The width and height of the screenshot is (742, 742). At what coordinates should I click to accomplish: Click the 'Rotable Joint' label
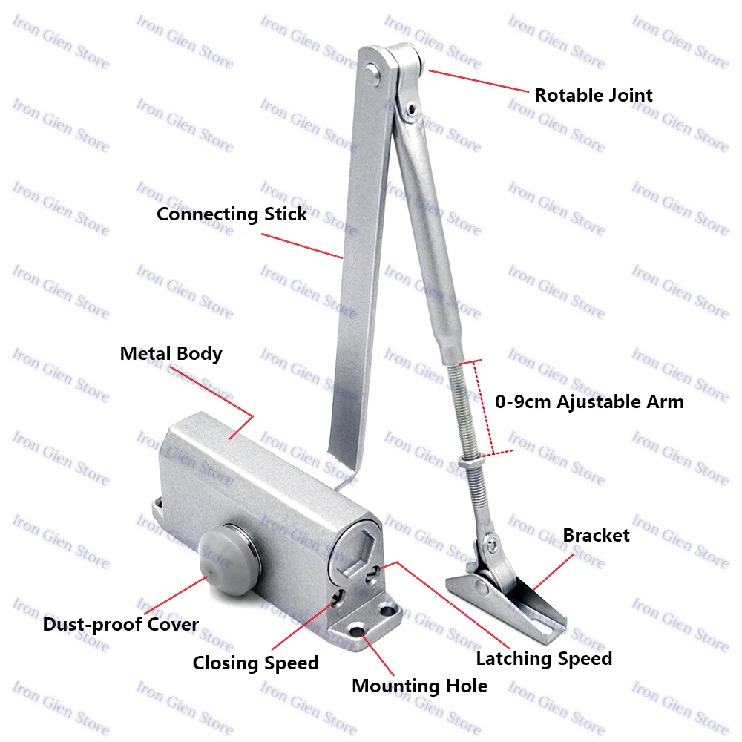[x=594, y=95]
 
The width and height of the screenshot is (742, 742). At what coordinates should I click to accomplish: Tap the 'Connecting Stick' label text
[x=232, y=214]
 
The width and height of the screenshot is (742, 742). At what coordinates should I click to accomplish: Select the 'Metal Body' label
[x=171, y=353]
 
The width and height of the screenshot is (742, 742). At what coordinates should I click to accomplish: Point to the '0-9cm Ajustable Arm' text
[x=589, y=402]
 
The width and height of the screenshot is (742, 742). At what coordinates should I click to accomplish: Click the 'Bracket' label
[x=596, y=535]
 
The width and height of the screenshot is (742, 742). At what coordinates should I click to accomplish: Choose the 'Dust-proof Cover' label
[x=120, y=625]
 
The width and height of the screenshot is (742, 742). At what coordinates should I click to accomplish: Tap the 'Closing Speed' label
[x=255, y=663]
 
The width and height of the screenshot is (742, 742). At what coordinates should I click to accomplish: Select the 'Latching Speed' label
[x=544, y=658]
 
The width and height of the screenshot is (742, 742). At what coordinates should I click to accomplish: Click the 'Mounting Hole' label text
[x=419, y=686]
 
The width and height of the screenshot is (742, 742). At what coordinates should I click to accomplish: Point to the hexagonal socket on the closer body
[x=357, y=549]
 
